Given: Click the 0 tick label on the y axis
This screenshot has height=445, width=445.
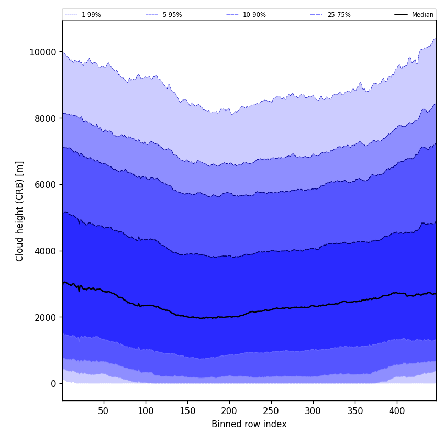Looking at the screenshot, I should (53, 384).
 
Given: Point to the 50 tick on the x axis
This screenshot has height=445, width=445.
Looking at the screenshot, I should (103, 411).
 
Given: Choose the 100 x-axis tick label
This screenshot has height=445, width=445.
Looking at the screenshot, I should (146, 411).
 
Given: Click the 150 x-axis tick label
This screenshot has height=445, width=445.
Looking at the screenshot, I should (187, 411).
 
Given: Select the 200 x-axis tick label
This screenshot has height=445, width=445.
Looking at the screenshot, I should (229, 411).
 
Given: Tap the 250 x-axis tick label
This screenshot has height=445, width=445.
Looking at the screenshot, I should (271, 411).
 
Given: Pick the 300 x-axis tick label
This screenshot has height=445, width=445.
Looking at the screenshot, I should (313, 411).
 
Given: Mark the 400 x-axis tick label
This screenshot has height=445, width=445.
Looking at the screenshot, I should (397, 411).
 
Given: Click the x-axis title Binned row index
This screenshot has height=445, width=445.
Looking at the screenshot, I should (249, 425).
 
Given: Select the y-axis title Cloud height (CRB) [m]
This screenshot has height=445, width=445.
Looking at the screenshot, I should (20, 211).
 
